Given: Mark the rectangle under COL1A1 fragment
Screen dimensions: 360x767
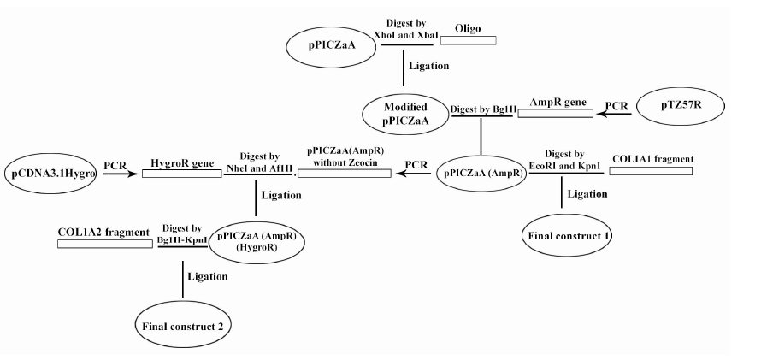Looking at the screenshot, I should [x=651, y=171].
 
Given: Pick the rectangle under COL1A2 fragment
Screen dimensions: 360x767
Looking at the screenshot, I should [x=103, y=244].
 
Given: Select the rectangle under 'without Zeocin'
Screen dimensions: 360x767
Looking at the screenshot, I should [x=344, y=173].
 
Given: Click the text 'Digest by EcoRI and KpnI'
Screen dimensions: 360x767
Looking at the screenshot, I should [x=563, y=158].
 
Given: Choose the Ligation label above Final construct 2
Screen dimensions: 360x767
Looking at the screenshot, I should [x=208, y=276].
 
